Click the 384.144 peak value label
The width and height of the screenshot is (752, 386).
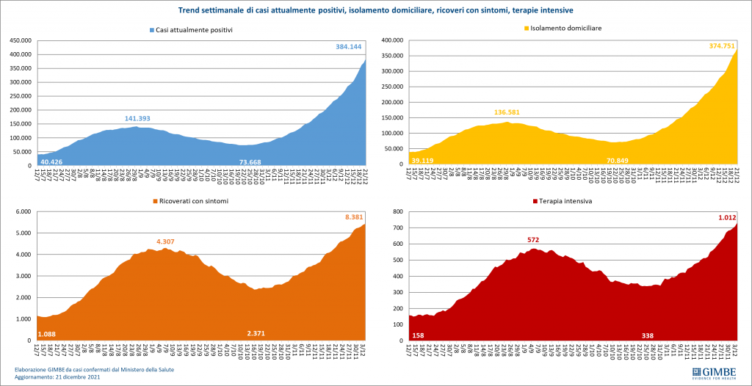click(344, 47)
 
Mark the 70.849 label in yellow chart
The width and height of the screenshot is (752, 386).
click(621, 160)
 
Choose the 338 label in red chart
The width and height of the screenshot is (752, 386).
click(648, 335)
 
